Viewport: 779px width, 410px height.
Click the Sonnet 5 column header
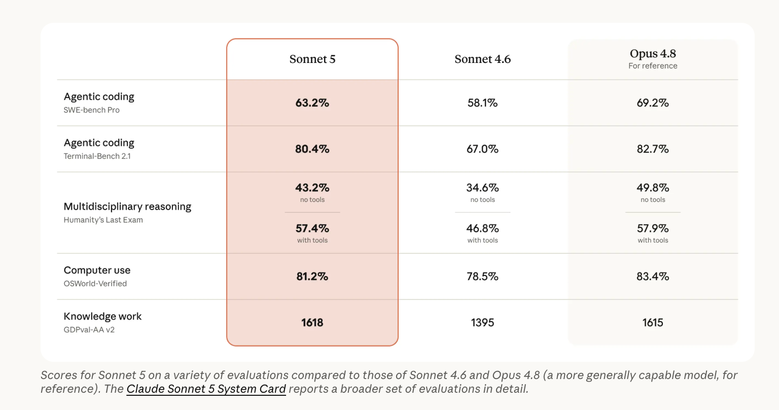tap(312, 59)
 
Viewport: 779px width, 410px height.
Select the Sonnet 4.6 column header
tap(482, 59)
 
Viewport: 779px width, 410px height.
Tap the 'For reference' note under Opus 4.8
tap(653, 66)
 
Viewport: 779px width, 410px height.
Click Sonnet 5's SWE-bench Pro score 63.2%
tap(312, 102)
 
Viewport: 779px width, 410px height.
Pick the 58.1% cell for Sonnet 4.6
tap(482, 102)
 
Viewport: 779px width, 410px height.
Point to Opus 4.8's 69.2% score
tap(653, 102)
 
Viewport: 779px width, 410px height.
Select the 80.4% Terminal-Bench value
tap(312, 149)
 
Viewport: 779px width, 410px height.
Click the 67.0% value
tap(482, 149)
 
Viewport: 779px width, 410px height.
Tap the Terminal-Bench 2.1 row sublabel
tap(97, 156)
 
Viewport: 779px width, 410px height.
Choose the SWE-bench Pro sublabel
tap(91, 110)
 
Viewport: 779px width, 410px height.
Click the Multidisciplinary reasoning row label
tap(127, 207)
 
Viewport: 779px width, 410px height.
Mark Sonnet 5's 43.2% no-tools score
tap(312, 188)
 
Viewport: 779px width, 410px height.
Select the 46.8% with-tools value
tap(482, 228)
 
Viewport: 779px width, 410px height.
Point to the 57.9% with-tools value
tap(653, 228)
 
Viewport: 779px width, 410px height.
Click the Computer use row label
tap(97, 270)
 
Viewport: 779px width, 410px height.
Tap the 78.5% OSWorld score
tap(482, 277)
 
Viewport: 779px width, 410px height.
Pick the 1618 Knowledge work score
tap(312, 323)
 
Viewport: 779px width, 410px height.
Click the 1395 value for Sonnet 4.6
tap(482, 323)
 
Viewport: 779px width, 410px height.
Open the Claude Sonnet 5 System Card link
tap(206, 389)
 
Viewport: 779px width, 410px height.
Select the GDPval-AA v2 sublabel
tap(89, 330)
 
